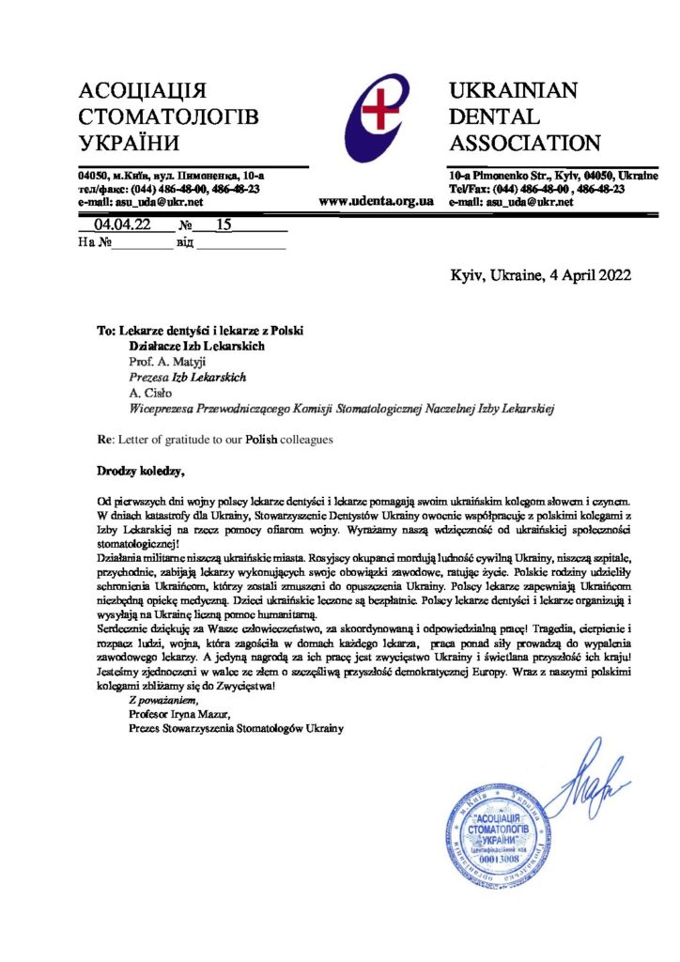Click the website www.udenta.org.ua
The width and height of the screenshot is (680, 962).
pos(376,201)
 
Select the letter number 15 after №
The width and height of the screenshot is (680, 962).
pos(224,225)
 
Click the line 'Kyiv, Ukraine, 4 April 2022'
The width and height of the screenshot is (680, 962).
pos(541,275)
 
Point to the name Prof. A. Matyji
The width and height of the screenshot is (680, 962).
pos(169,361)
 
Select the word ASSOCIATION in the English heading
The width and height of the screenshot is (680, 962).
pos(525,144)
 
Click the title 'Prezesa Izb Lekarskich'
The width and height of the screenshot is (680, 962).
pos(187,377)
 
